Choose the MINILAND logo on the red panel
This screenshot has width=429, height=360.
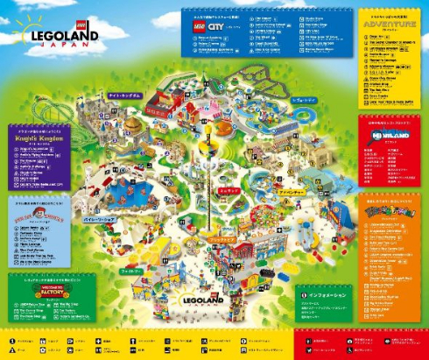coord(389,138)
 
